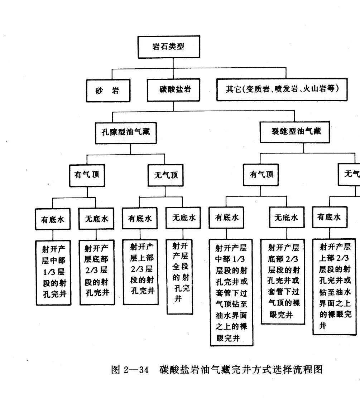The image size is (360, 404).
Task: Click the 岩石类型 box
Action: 169,47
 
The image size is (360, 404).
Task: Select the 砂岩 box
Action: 108,91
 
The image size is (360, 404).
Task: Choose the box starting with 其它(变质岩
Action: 282,89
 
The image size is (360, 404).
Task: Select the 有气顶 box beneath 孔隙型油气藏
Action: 87,175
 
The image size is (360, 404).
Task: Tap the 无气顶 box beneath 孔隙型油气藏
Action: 165,175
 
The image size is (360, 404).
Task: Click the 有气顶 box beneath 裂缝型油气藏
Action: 261,175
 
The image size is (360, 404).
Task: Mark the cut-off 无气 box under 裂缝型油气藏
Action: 351,174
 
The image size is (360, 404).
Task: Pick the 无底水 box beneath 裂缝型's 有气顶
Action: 286,218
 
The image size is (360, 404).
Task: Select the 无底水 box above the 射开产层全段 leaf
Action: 184,218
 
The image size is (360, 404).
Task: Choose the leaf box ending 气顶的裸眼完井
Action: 283,281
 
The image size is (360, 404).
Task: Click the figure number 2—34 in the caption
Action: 136,370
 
